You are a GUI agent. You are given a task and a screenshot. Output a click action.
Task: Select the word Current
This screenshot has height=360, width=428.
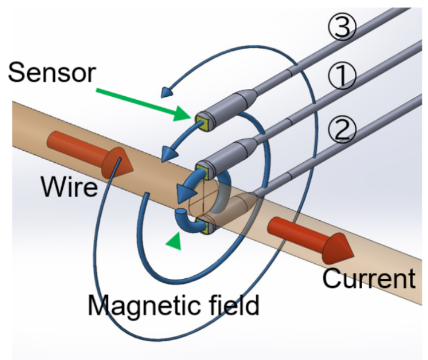pyautogui.click(x=369, y=278)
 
